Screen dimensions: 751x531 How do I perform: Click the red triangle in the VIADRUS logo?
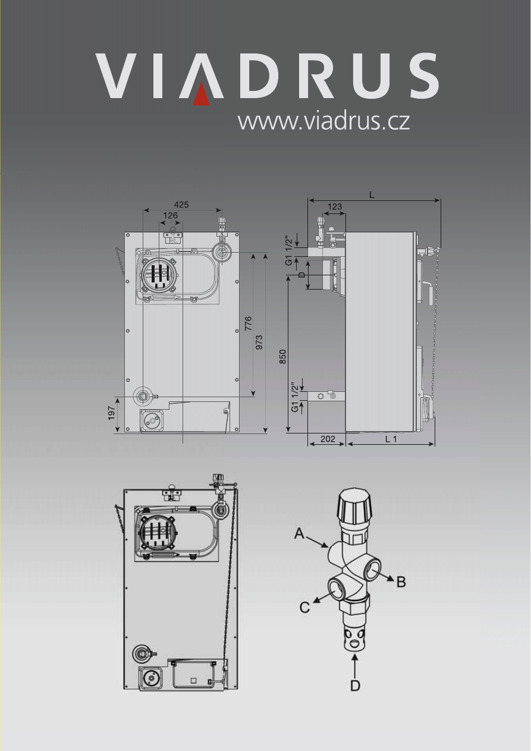pyautogui.click(x=202, y=95)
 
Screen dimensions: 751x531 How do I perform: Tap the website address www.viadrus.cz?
pyautogui.click(x=323, y=121)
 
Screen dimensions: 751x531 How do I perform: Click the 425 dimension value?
pyautogui.click(x=181, y=205)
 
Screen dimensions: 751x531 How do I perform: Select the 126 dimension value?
pyautogui.click(x=170, y=215)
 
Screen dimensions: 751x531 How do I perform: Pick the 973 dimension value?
pyautogui.click(x=259, y=342)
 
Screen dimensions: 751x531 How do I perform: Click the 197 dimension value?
pyautogui.click(x=112, y=414)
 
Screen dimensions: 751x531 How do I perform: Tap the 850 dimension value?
pyautogui.click(x=283, y=356)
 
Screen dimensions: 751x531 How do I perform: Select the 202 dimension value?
pyautogui.click(x=328, y=439)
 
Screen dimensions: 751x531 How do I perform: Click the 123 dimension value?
pyautogui.click(x=335, y=207)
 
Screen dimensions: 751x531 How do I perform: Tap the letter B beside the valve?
pyautogui.click(x=401, y=582)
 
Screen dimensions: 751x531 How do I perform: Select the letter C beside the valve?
pyautogui.click(x=305, y=607)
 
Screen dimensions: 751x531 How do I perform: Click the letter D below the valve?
pyautogui.click(x=355, y=686)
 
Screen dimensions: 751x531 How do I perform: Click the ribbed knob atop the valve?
pyautogui.click(x=355, y=505)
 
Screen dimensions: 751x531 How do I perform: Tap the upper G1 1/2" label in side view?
pyautogui.click(x=290, y=250)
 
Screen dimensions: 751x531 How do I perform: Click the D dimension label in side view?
pyautogui.click(x=301, y=275)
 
